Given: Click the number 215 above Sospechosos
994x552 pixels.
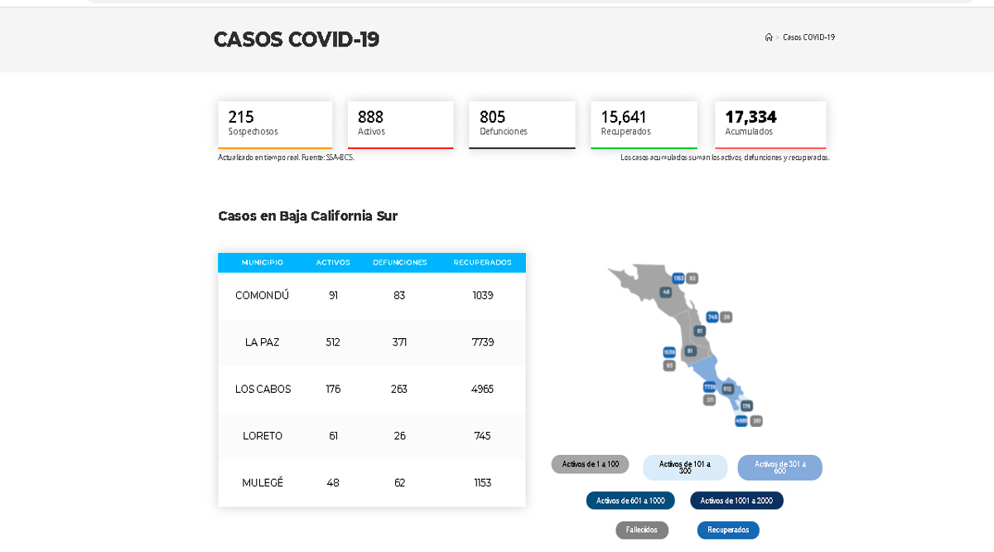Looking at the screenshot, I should coord(241,117).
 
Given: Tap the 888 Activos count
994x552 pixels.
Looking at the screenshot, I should coord(370,117).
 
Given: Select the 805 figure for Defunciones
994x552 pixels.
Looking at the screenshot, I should coord(492,117).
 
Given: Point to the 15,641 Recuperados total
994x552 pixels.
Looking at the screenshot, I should coord(624,117).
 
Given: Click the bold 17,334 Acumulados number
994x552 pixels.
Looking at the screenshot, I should coord(750,117).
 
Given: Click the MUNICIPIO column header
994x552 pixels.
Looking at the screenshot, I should coord(263,263).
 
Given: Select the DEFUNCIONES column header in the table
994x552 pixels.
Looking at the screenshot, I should coord(399,263).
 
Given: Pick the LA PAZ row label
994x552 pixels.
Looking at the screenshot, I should coord(263,342).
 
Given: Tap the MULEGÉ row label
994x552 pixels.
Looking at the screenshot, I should coord(263,482).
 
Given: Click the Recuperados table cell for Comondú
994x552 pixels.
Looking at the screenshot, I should coord(482,295).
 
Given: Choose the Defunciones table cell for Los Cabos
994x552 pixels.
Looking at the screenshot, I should coord(399,389).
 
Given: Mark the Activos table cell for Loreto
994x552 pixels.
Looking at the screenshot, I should coord(333,436).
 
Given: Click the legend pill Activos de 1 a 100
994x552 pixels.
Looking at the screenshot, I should coord(591,464).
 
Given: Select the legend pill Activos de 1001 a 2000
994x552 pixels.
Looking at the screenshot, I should coord(736,501).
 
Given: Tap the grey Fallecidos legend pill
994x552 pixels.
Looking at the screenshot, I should coord(642,530).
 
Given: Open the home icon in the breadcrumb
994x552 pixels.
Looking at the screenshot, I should coord(769,37).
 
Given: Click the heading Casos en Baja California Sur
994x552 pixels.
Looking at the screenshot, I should coord(308,216).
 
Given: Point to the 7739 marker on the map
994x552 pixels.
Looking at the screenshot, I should coord(709,387).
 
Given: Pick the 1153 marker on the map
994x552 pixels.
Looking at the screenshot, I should coord(678,278).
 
